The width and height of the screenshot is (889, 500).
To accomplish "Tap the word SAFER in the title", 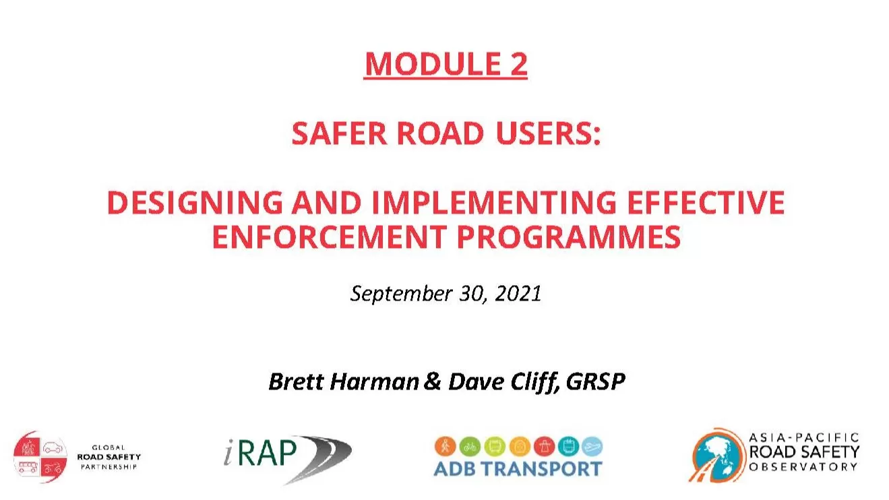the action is (339, 133).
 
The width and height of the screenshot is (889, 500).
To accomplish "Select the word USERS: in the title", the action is (548, 133).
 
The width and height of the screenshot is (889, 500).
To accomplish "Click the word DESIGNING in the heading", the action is (195, 202).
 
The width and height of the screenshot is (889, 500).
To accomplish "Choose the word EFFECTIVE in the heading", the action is (706, 202).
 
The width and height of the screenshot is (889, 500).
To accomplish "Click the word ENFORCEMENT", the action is (330, 237).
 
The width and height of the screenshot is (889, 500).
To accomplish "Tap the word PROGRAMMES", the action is (569, 237).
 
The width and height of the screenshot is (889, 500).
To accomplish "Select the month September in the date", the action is (401, 294).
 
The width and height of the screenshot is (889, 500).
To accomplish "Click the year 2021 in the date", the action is (518, 294).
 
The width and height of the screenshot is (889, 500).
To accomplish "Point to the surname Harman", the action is (374, 382).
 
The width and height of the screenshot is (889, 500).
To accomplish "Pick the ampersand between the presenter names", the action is (433, 381).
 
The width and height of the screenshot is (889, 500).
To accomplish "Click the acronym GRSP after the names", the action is (595, 382).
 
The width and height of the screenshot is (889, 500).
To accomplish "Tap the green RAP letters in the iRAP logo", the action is (268, 453).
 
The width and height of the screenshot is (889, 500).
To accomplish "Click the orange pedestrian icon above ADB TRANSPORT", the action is (446, 446).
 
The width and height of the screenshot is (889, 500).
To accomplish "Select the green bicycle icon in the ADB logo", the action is (470, 446).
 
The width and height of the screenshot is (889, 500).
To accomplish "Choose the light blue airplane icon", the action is (592, 446).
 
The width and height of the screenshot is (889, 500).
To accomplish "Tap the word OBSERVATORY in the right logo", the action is (803, 467).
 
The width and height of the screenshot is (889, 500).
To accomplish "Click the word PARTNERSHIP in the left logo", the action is (109, 467).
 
